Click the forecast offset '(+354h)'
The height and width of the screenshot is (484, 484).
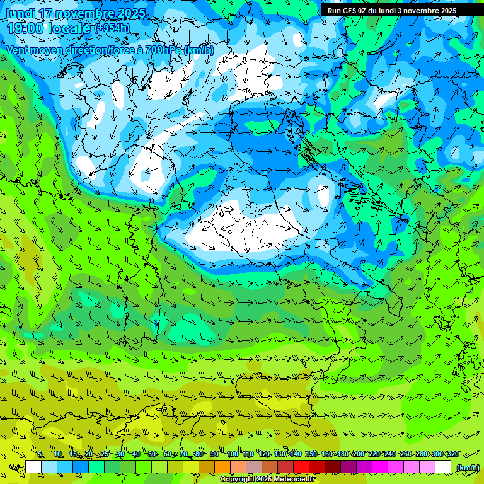click(112, 28)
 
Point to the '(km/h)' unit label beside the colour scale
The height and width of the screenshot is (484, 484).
click(468, 467)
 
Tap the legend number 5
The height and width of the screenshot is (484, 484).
click(41, 454)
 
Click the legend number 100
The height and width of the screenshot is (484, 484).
click(233, 454)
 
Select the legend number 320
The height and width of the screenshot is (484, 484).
click(453, 454)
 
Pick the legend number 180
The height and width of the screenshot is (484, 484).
click(343, 454)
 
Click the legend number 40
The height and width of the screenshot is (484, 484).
click(136, 454)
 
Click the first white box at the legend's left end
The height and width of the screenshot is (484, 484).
click(33, 467)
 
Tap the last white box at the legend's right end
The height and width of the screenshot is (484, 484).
click(443, 467)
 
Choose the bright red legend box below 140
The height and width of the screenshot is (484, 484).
click(301, 467)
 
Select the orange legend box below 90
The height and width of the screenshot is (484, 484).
click(222, 467)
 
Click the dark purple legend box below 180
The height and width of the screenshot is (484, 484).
click(349, 467)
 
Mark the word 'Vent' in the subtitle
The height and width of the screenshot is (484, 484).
click(17, 50)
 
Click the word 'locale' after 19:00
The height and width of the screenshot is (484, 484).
click(69, 28)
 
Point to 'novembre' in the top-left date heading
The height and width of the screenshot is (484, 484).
click(84, 13)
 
